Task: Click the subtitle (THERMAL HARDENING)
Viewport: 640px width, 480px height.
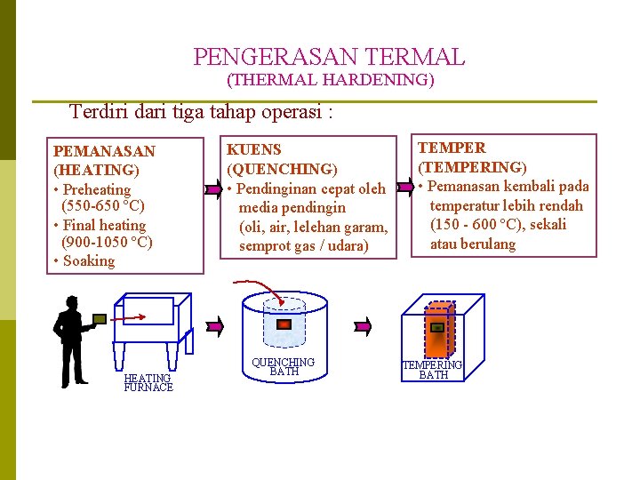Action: point(331,81)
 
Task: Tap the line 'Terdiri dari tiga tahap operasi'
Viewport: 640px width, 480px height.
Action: point(201,112)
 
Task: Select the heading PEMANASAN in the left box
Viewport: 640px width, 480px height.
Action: point(104,151)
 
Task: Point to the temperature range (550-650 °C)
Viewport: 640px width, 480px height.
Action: point(103,206)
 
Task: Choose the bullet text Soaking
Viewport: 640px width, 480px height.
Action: point(88,260)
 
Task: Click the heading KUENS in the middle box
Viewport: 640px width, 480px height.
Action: point(254,149)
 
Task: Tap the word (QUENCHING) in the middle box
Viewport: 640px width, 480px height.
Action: point(282,168)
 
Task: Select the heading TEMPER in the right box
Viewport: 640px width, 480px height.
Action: point(452,148)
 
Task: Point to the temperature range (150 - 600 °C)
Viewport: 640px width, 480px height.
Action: point(498,224)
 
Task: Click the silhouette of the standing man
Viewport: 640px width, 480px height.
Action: point(71,338)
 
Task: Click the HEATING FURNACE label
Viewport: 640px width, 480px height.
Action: point(148,382)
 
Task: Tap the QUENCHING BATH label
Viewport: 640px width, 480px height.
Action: point(284,366)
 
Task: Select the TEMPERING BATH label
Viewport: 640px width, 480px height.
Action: point(433,369)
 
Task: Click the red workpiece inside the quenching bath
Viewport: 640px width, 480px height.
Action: point(284,324)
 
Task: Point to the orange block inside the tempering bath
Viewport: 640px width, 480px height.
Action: point(437,328)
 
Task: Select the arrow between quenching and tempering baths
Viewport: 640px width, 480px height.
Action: point(363,326)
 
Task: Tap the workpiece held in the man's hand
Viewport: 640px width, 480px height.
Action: point(100,318)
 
